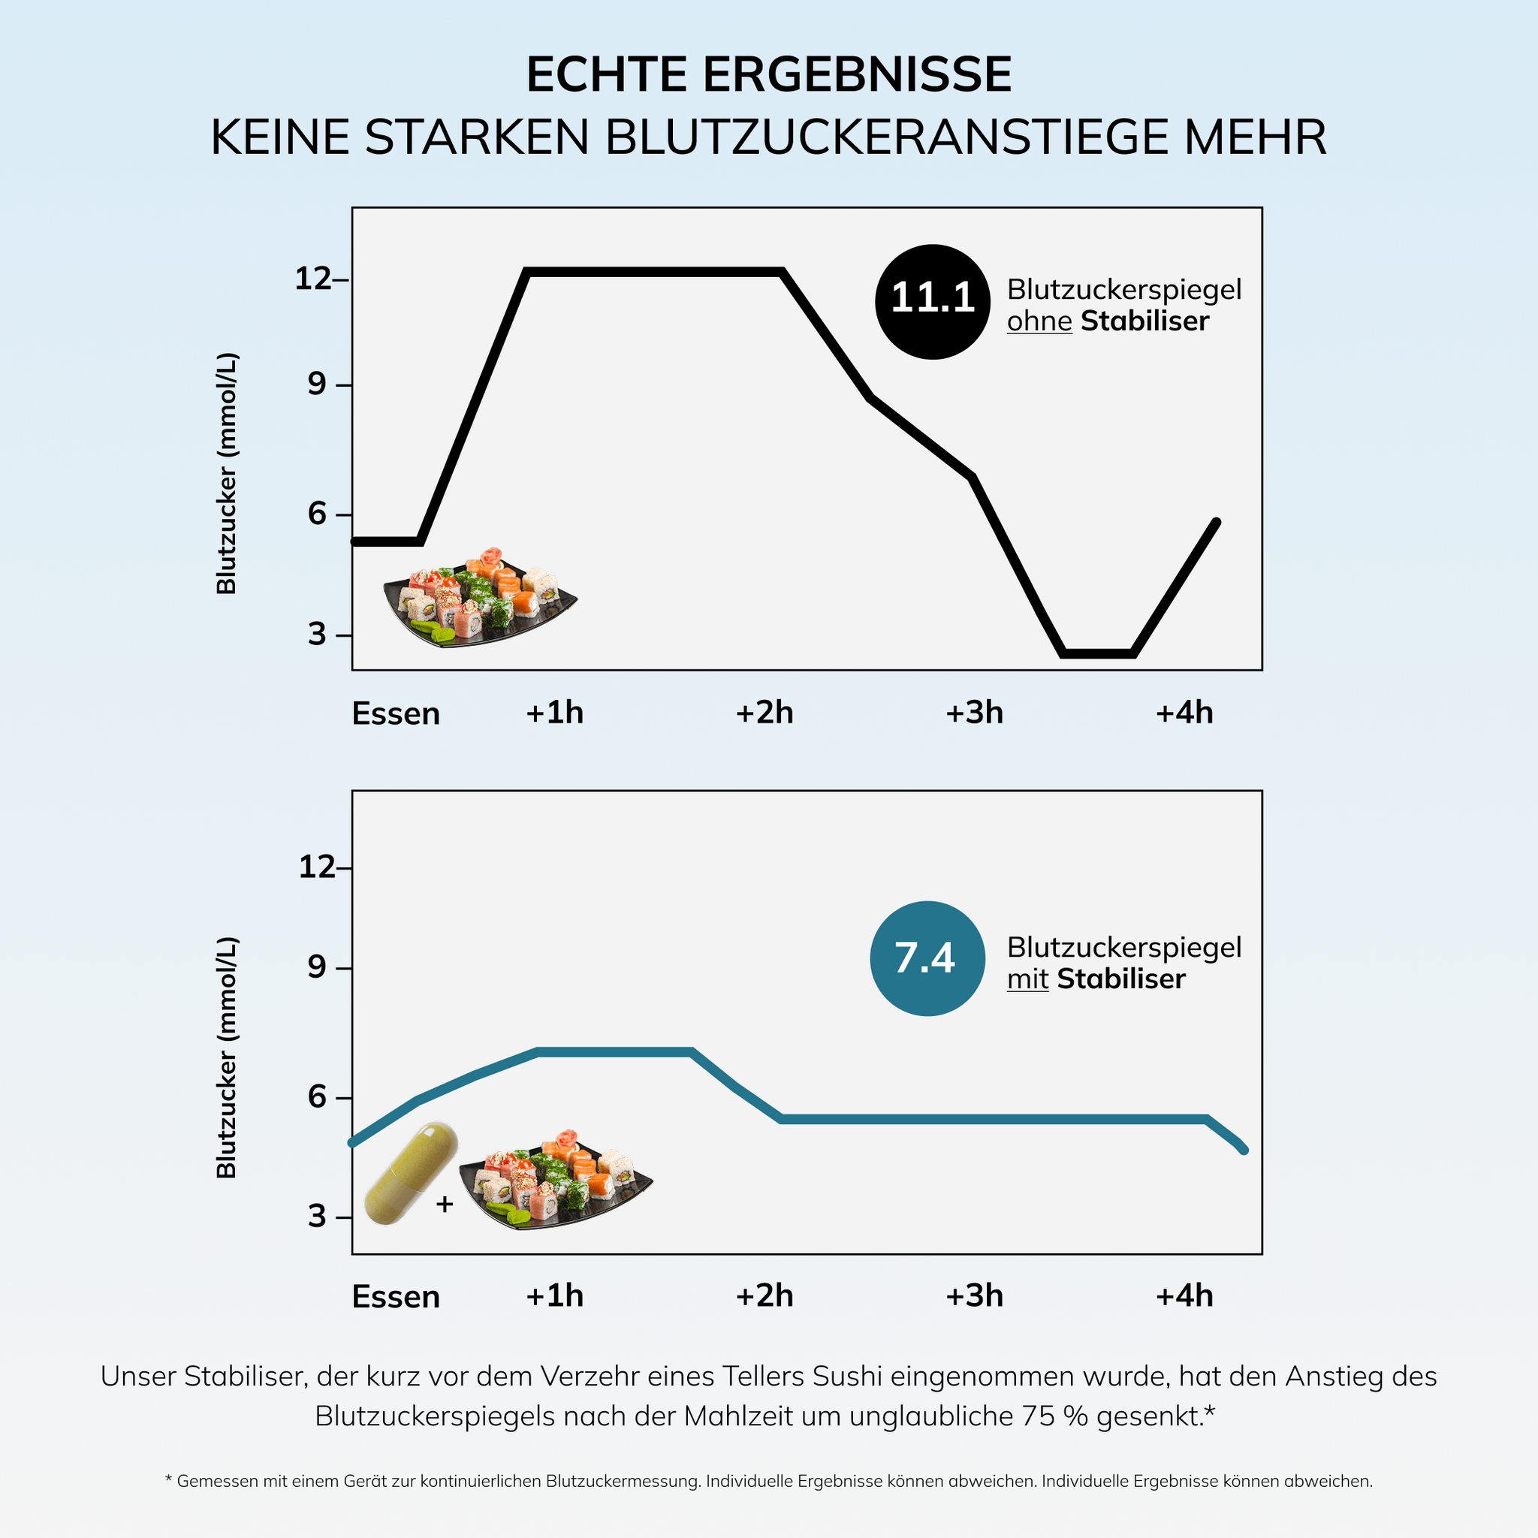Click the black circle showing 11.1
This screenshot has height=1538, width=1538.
click(x=932, y=302)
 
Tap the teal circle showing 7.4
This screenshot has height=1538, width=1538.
click(x=927, y=958)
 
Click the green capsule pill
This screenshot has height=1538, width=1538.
click(x=410, y=1174)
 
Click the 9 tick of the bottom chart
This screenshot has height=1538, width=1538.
click(x=317, y=968)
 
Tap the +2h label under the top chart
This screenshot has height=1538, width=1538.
click(x=764, y=713)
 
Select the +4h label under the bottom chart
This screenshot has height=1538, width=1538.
click(x=1184, y=1296)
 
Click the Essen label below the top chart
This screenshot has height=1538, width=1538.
click(x=396, y=713)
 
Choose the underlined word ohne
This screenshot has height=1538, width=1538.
click(x=1039, y=321)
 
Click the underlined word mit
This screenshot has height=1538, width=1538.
click(x=1027, y=979)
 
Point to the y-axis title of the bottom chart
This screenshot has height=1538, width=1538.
click(x=227, y=1057)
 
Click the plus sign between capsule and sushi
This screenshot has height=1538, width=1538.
click(x=445, y=1205)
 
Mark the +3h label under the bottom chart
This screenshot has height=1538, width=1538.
click(x=973, y=1296)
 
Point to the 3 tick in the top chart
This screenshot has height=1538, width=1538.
click(x=318, y=635)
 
